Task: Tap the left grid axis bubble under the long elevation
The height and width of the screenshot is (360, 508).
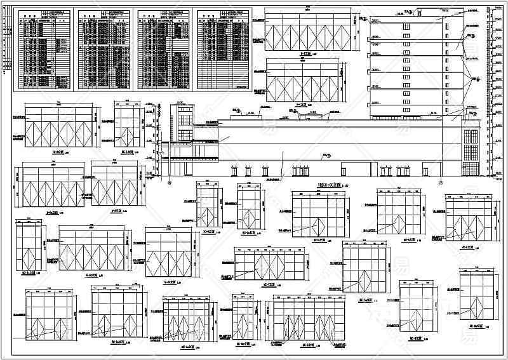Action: click(170, 182)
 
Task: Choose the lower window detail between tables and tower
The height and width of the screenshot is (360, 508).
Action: click(304, 79)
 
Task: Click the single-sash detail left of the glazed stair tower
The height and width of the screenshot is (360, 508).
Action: click(127, 128)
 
